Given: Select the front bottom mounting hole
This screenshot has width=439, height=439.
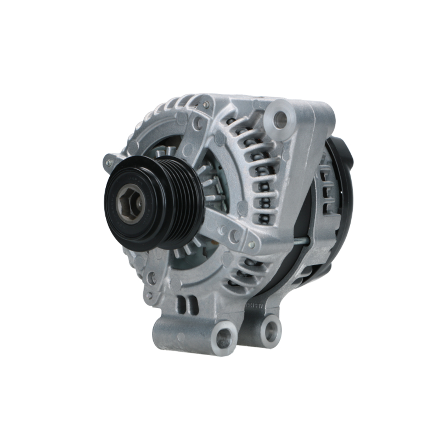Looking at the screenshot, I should click(224, 337).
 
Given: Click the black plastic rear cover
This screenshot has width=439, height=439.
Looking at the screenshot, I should click(342, 184).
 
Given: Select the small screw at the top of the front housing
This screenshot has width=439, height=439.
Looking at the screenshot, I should click(205, 105).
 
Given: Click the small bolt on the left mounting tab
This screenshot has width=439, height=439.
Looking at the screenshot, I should click(108, 163).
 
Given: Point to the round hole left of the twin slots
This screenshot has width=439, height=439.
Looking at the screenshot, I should click(152, 277).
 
